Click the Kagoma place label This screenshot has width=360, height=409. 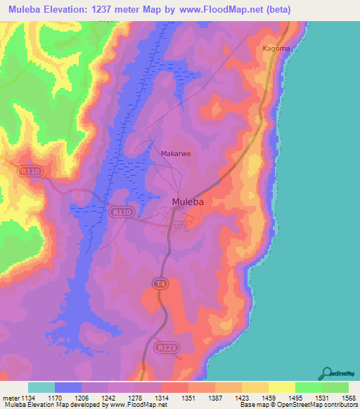point(275,48)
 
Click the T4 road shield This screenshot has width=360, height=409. point(162,282)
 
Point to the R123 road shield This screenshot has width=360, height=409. point(165,347)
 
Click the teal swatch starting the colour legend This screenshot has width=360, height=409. point(41,387)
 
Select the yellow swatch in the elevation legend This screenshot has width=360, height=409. point(282,387)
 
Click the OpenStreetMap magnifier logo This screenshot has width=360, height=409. point(326,373)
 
